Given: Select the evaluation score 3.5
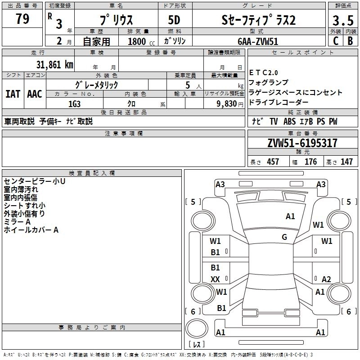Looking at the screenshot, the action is (x=342, y=21).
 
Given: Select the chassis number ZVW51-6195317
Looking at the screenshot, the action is (x=302, y=144).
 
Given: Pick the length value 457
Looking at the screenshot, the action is (x=273, y=162).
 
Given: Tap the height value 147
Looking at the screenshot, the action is (x=346, y=162).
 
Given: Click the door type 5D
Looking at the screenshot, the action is (x=174, y=21).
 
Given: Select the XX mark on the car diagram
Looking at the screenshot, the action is (x=216, y=279).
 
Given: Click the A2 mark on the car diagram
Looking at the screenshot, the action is (x=326, y=279).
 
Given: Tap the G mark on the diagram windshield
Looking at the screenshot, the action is (x=284, y=237).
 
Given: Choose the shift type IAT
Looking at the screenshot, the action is (x=13, y=94).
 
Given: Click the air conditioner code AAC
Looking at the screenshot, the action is (x=35, y=94).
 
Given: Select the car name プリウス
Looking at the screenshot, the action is (x=116, y=21).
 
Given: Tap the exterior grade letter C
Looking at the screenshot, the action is (x=335, y=41).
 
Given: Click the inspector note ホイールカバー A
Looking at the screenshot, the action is (x=31, y=230).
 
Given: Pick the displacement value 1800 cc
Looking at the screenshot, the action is (x=138, y=41).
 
